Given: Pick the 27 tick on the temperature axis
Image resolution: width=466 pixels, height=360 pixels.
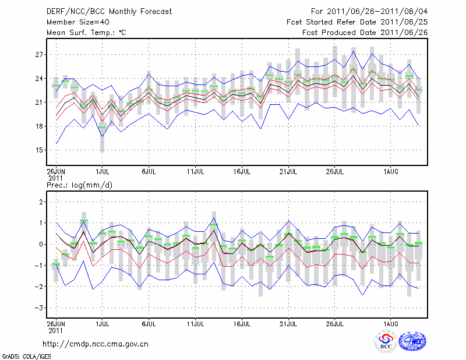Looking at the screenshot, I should [40, 55].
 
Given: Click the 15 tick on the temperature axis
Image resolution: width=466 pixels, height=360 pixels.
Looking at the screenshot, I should [40, 150].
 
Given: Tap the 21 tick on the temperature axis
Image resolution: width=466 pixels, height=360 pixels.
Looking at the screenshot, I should [40, 103].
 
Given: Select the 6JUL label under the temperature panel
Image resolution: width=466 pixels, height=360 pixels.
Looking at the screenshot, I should [149, 172].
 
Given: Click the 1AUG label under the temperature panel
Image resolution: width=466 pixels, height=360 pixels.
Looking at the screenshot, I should [390, 172].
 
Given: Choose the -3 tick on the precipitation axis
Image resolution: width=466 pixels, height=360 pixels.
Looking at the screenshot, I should [38, 308].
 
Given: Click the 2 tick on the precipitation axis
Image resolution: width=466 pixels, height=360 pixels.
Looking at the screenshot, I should [41, 202].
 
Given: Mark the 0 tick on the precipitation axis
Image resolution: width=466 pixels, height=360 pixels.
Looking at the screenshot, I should [41, 244].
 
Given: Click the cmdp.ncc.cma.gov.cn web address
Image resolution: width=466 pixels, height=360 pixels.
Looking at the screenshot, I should [96, 344].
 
